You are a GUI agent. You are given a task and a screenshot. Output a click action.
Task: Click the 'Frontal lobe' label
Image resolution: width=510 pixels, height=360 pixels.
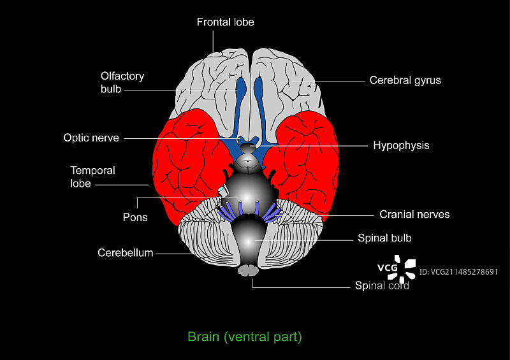point(225,22)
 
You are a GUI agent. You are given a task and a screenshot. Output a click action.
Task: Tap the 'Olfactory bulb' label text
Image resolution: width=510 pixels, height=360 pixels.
point(122,83)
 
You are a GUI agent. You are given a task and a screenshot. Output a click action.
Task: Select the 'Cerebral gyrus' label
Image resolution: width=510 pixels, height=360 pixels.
point(405,81)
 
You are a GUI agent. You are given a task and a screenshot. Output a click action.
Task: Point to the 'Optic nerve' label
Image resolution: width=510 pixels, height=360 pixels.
point(91,138)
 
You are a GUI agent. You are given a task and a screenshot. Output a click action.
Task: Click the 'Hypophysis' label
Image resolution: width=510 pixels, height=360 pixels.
point(401,145)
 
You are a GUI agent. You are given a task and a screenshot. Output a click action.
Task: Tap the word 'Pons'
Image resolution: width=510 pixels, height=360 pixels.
point(135,217)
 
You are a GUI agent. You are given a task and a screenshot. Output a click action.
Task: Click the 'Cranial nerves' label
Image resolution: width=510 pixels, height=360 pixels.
point(414,215)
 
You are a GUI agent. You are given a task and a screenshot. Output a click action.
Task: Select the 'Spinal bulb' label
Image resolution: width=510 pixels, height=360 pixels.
point(384,238)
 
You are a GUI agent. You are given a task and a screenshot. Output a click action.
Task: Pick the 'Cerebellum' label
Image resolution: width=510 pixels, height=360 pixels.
point(126,253)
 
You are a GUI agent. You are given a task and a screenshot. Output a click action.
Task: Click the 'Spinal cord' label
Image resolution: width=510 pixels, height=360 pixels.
point(382,285)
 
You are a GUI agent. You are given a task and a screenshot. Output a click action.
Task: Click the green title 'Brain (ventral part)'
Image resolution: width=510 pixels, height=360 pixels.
point(244,336)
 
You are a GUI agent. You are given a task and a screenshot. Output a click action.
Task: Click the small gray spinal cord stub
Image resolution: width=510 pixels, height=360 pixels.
point(247,271)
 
